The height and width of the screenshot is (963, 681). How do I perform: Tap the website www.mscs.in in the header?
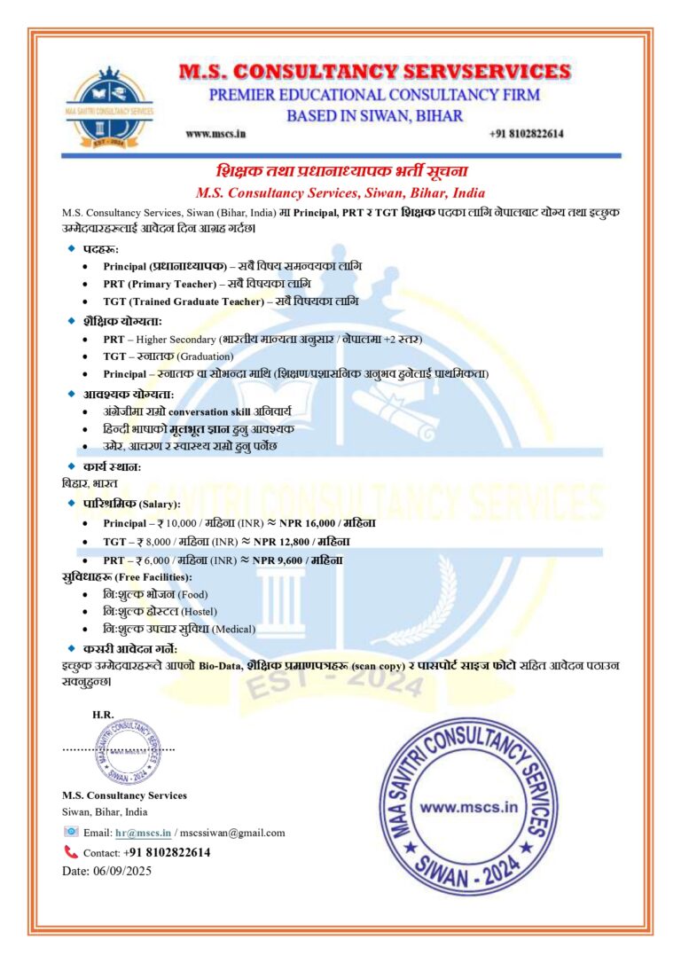[215, 134]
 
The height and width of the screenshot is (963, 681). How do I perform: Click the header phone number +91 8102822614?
[526, 134]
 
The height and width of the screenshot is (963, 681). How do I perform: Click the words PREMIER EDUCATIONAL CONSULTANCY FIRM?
[373, 95]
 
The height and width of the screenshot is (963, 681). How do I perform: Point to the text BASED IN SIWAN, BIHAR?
[374, 115]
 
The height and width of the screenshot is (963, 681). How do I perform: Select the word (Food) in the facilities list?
[192, 594]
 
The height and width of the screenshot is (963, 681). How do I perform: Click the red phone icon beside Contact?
[71, 852]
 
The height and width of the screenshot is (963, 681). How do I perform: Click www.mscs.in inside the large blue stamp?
[467, 808]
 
